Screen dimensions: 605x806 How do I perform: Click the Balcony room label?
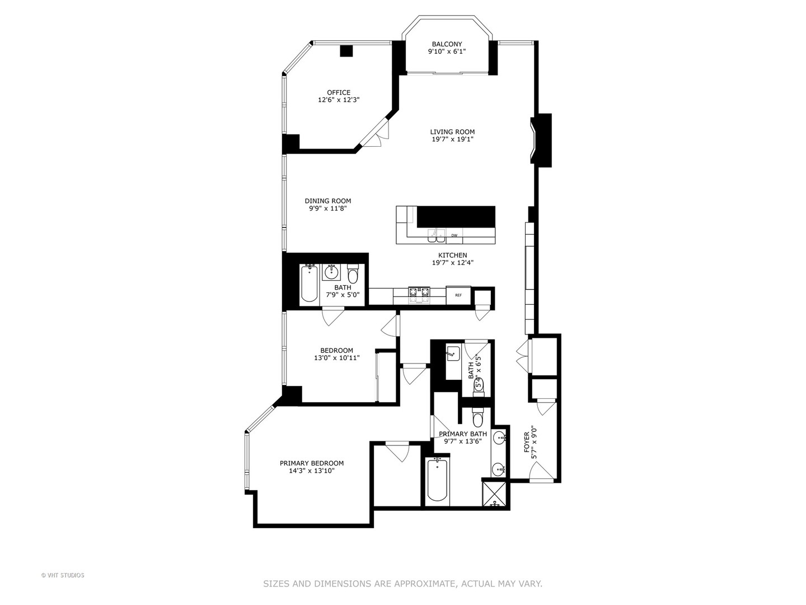tap(447, 44)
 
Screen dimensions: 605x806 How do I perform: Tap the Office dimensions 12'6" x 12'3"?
tap(339, 100)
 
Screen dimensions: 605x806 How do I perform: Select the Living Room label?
tap(452, 132)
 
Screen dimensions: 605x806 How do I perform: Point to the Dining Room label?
tap(328, 201)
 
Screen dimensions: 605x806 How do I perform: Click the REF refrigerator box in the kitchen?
tap(458, 295)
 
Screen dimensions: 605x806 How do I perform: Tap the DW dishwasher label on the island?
tap(454, 236)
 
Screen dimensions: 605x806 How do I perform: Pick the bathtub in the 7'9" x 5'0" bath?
tap(309, 283)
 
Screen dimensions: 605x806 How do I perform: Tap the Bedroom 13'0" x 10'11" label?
tap(336, 351)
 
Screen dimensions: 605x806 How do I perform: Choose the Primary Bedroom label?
tap(312, 463)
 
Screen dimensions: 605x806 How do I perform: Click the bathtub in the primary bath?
tap(437, 480)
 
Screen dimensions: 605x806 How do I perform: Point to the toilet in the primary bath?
tap(477, 418)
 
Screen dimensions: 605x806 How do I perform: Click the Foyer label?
tap(527, 443)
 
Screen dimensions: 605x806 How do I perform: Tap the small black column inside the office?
tap(347, 50)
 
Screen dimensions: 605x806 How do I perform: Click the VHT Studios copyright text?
tap(63, 575)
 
